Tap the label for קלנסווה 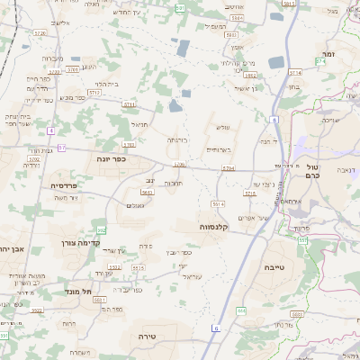pos(220,227)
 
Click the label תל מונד pos(79,292)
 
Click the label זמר pos(329,54)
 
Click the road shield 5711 pos(129,104)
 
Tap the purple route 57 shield pos(61,147)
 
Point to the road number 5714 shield pos(320,60)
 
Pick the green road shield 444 pos(241,310)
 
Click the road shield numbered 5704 pos(228,168)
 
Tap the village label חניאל pos(139,124)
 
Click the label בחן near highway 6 pos(293,88)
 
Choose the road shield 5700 pos(179,165)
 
